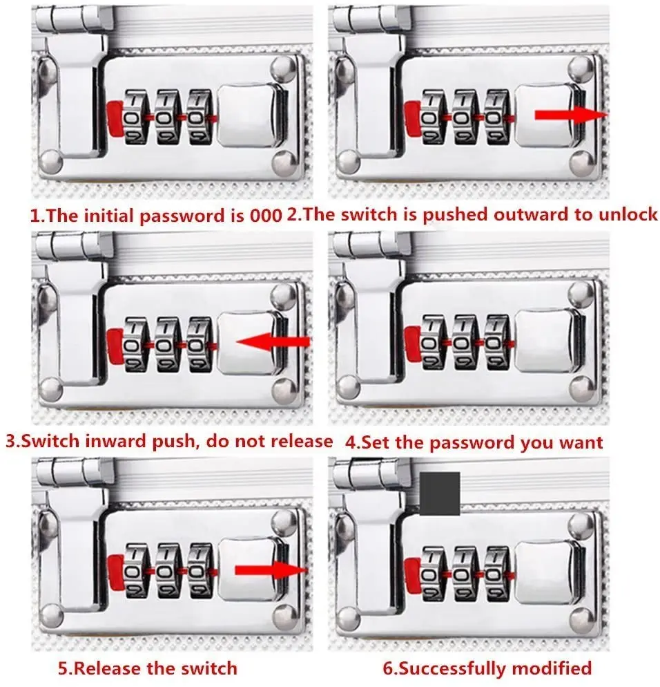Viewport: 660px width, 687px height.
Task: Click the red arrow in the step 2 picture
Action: pos(571,115)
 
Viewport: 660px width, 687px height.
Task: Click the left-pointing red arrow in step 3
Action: pos(273,342)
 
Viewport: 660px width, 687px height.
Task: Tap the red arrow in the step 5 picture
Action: pos(272,570)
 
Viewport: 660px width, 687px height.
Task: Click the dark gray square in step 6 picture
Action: pos(440,493)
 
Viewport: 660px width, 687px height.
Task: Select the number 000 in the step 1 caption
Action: pos(266,216)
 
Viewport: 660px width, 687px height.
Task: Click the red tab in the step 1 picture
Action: pos(115,119)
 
